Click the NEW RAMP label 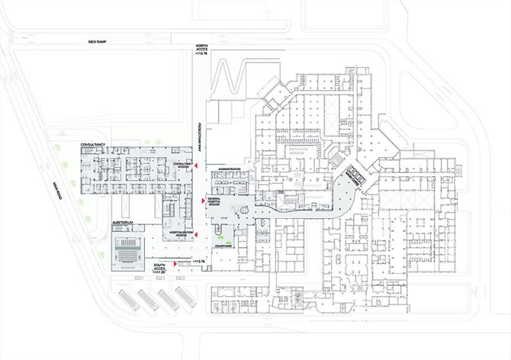[101, 42]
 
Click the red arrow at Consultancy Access [197, 166]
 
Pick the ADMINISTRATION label [229, 168]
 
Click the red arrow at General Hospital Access [202, 200]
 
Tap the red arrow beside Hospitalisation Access [197, 234]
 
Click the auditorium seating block [127, 248]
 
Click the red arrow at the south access [176, 263]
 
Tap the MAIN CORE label [352, 177]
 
